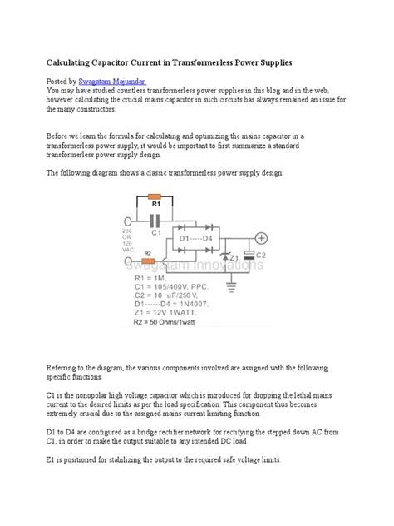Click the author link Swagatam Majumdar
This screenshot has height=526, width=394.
112,81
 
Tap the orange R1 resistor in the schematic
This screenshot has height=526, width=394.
155,201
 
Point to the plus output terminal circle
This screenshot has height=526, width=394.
259,237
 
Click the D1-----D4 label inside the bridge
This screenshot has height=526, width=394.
195,240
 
